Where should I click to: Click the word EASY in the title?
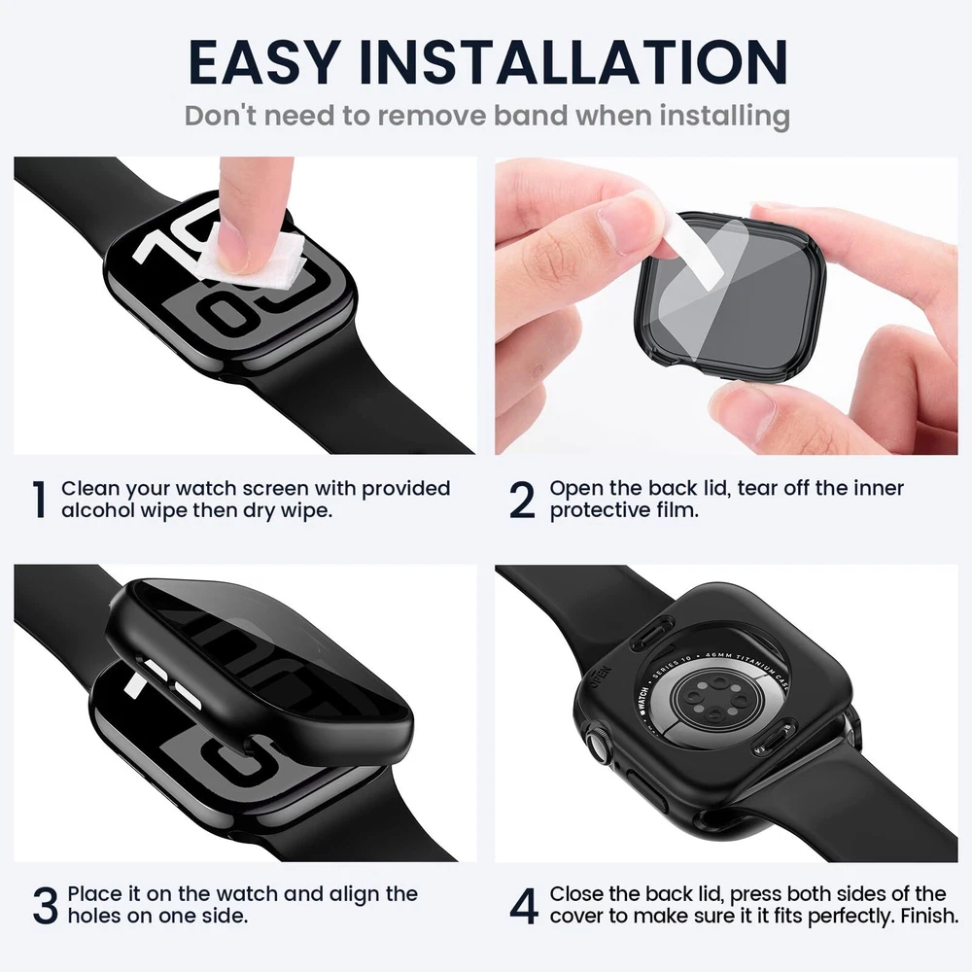[x=264, y=62]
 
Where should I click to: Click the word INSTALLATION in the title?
[x=573, y=62]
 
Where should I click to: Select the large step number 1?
[x=39, y=499]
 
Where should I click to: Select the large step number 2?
[x=522, y=500]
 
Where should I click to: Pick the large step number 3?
[x=46, y=906]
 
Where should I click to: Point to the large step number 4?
[x=524, y=906]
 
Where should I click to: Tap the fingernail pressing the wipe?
[x=232, y=245]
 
